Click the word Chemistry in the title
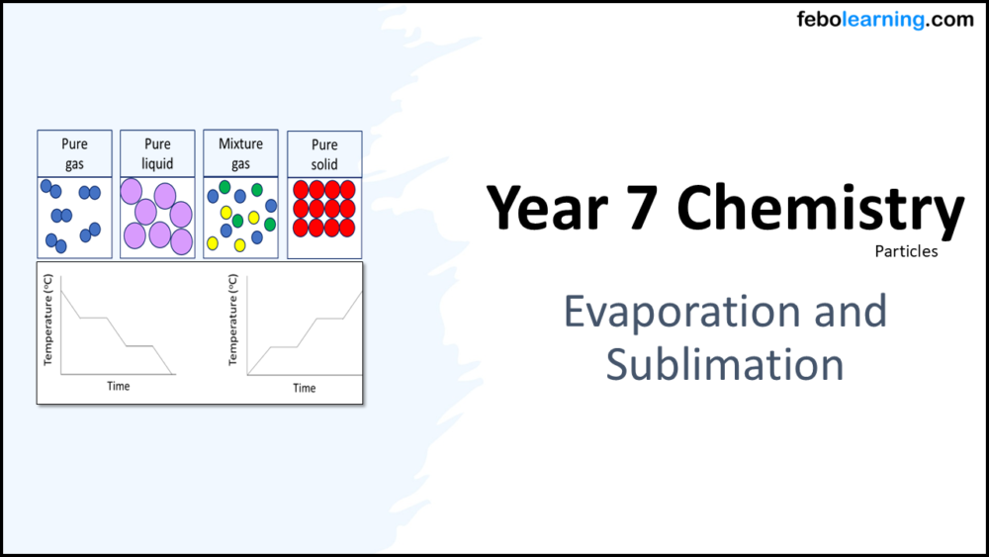click(820, 208)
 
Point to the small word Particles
click(906, 251)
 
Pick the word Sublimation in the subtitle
click(724, 364)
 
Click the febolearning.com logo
click(885, 20)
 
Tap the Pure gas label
click(74, 153)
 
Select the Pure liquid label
click(157, 153)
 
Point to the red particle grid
click(324, 209)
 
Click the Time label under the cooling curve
click(119, 386)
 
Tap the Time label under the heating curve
click(305, 388)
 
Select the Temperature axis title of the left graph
click(46, 321)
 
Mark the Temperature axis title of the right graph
click(232, 321)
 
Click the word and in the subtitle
click(848, 312)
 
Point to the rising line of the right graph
click(307, 332)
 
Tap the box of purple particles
click(157, 218)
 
